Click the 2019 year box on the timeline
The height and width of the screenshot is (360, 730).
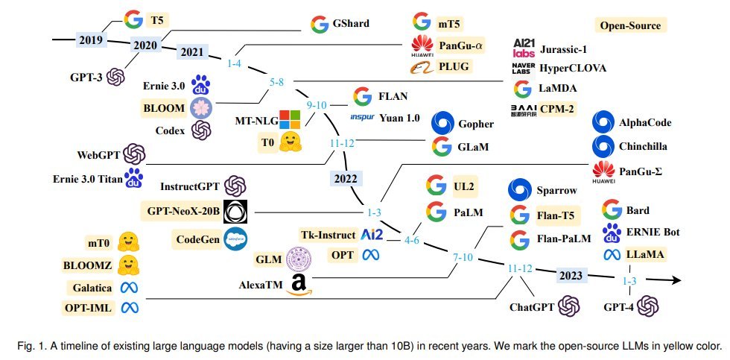coord(91,39)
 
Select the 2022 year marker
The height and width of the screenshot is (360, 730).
coord(346,178)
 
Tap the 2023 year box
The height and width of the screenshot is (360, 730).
coord(571,275)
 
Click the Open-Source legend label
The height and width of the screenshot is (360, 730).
coord(630,25)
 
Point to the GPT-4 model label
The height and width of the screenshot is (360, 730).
coord(619,307)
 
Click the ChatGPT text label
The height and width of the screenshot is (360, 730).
coord(532,307)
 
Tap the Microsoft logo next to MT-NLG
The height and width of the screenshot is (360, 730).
coord(290,120)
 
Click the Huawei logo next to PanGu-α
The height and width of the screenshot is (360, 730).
coord(422,46)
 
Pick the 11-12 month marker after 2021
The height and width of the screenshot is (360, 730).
coord(342,143)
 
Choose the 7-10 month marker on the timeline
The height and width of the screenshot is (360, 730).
coord(463,257)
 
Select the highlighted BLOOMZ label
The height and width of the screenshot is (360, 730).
coord(88,265)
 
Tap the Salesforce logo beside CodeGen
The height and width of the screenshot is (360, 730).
coord(235,239)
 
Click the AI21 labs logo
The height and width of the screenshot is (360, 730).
coord(524,48)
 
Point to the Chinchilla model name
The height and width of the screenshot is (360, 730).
coord(643,146)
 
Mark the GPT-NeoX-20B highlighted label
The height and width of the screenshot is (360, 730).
coord(180,211)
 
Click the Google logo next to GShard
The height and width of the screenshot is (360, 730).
coord(320,24)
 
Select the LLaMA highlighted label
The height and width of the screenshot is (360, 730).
coord(646,254)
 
